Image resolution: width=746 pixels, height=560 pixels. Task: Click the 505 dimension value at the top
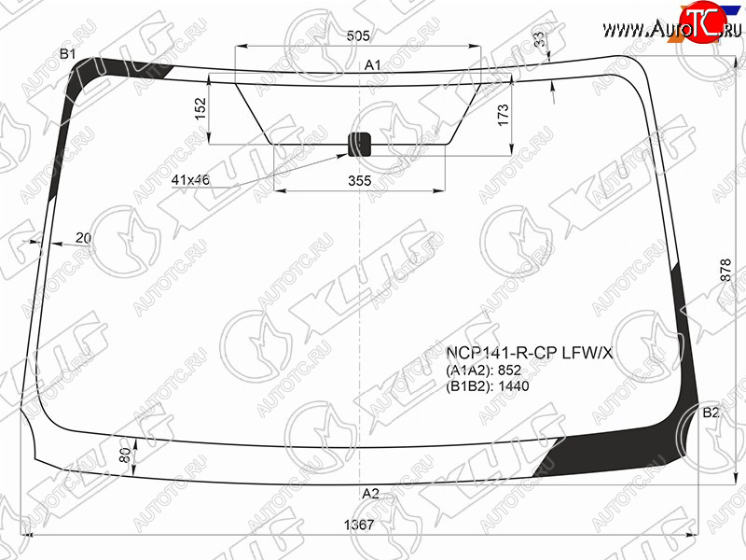point(358,35)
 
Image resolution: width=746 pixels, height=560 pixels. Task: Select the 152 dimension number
point(200,108)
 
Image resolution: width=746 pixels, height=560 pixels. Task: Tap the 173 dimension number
point(503,115)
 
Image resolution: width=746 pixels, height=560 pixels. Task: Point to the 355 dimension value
point(359,181)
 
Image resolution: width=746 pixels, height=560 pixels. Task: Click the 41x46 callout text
point(190,180)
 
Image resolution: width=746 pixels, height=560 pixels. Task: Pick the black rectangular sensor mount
point(359,145)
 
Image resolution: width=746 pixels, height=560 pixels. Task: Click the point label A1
point(372,65)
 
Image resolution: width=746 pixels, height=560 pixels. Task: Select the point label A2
point(370,494)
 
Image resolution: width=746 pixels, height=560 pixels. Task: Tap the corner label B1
point(67,54)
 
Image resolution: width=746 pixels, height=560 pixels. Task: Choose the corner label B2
point(711,413)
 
